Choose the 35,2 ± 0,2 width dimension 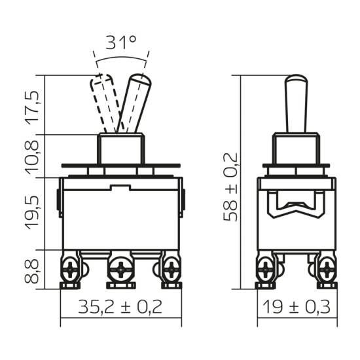tap(120, 306)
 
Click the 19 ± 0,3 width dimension tap(297, 306)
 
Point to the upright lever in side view tap(296, 105)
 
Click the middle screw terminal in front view tap(120, 268)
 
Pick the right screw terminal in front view tap(171, 268)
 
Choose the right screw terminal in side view tap(325, 268)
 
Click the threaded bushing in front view tap(120, 149)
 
